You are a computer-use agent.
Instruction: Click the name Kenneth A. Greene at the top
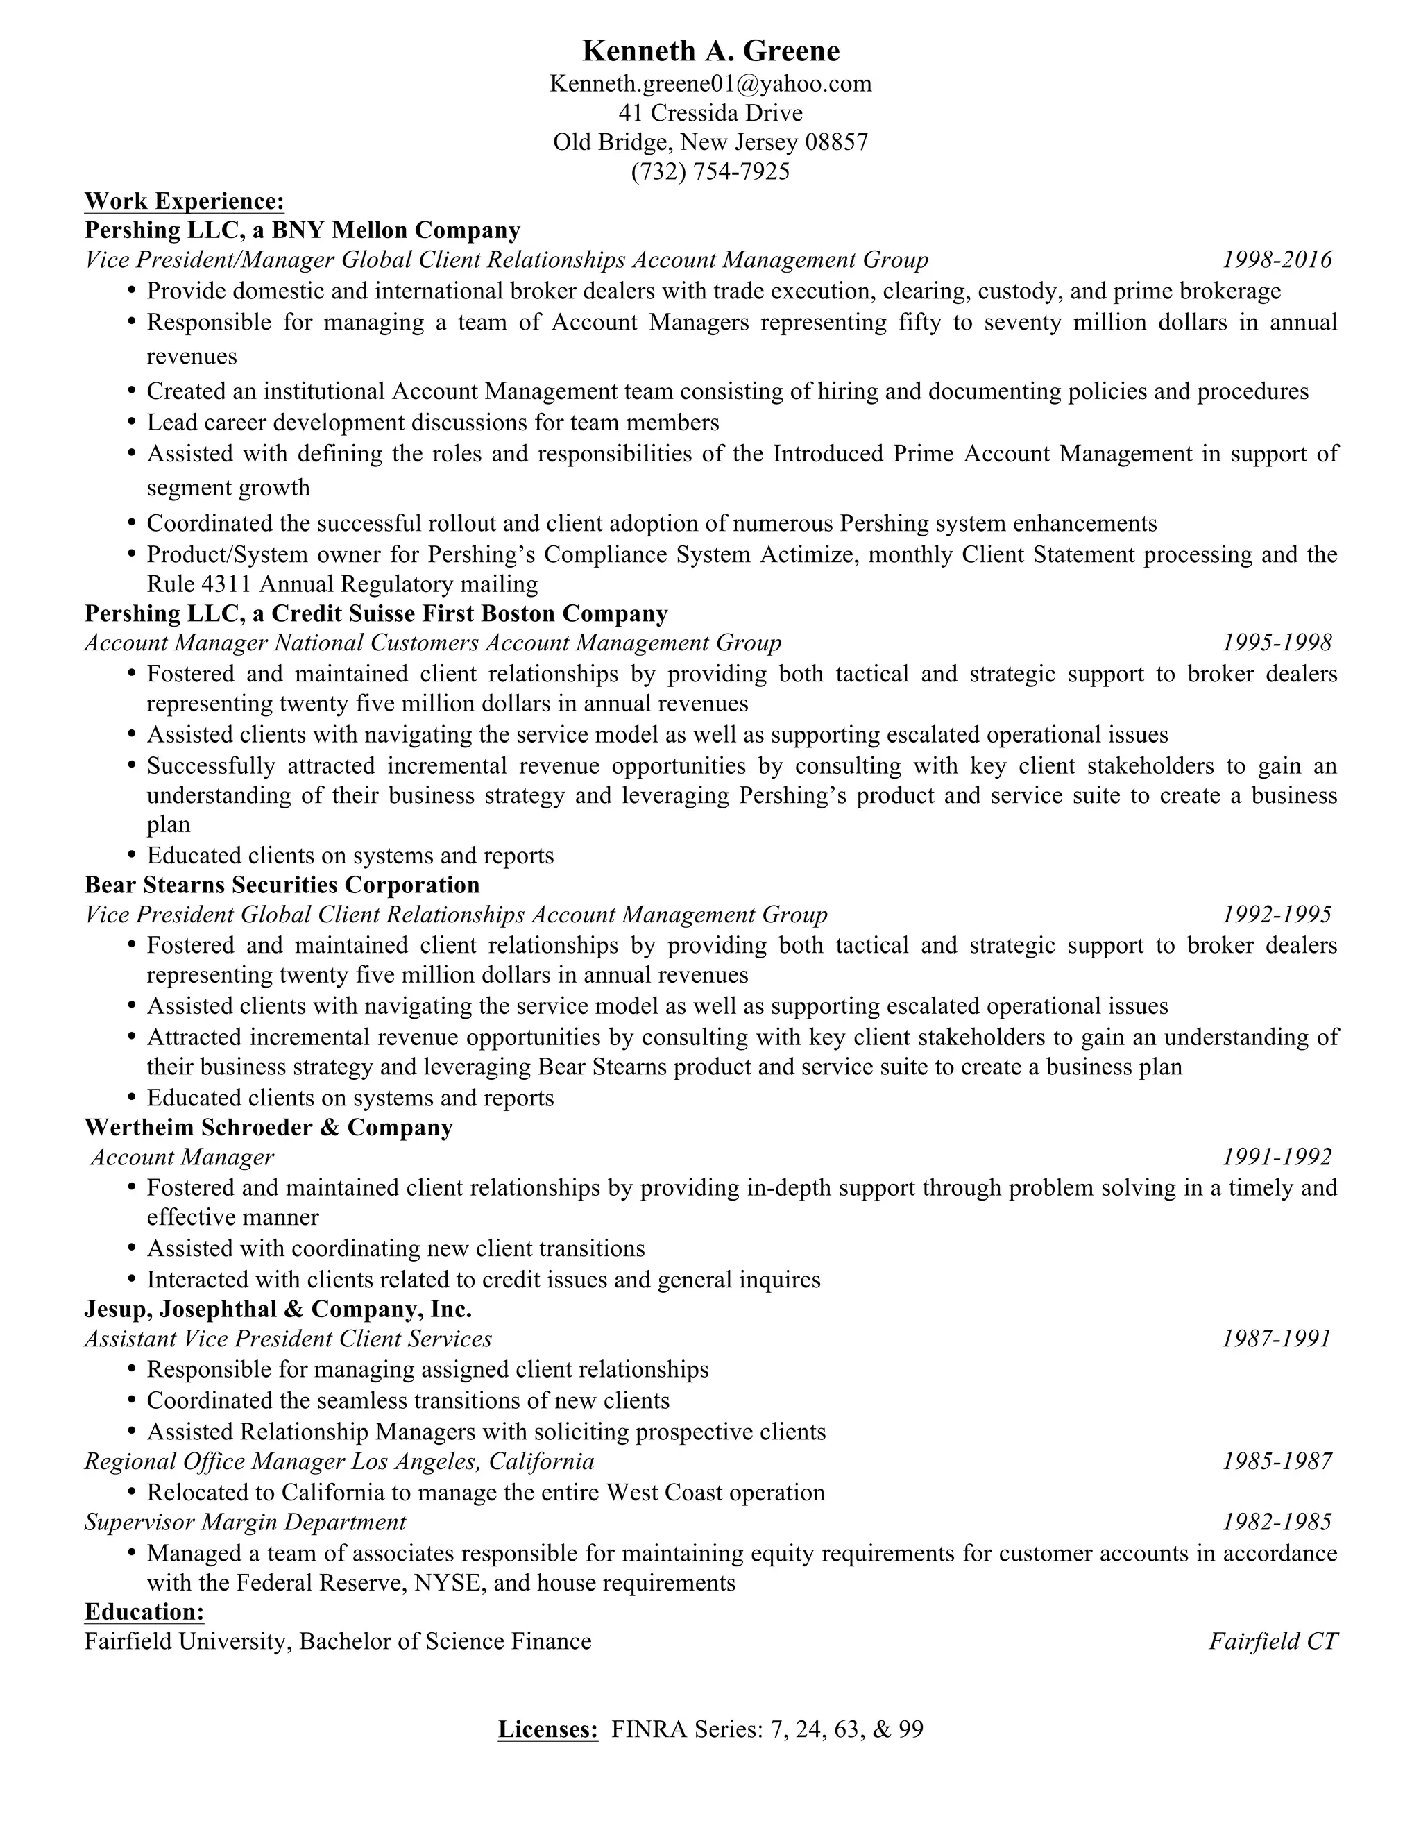pos(710,51)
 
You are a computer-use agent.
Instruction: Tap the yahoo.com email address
pos(710,83)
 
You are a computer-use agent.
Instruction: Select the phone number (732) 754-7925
pos(710,172)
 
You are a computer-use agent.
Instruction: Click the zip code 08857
pos(836,142)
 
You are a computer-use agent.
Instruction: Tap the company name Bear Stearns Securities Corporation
pos(282,885)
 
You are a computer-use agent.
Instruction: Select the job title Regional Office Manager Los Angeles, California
pos(339,1461)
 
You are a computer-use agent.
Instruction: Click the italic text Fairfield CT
pos(1273,1641)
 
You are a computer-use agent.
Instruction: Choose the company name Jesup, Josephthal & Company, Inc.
pos(278,1309)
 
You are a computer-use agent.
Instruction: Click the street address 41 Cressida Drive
pos(710,113)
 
